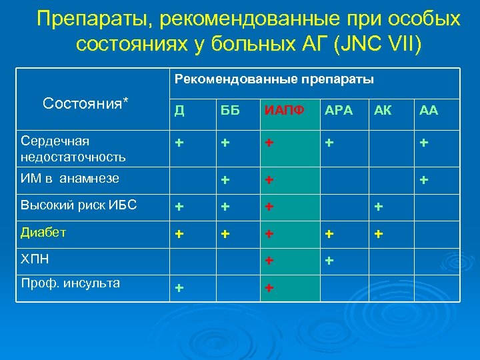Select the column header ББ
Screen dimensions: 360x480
tap(228, 111)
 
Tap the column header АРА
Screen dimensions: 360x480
tap(338, 111)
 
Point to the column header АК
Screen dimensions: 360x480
tap(383, 111)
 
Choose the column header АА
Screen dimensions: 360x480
tap(428, 111)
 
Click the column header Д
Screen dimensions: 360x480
tap(179, 111)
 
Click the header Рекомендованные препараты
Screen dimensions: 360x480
tap(274, 79)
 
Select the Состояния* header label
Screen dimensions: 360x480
tap(85, 103)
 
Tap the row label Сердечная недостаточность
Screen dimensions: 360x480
tap(73, 149)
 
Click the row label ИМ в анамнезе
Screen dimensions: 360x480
tap(70, 178)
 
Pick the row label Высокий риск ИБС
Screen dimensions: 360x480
tap(79, 205)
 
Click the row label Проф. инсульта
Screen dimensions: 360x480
tap(70, 283)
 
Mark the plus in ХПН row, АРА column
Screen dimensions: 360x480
tap(329, 261)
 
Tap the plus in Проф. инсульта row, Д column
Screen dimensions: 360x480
tap(179, 287)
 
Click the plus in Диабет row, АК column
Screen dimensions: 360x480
tap(379, 235)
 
